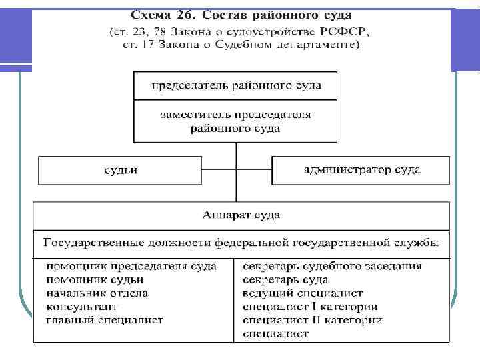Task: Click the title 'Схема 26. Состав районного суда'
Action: [241, 15]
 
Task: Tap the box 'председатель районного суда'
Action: [236, 85]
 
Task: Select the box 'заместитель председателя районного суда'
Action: [236, 121]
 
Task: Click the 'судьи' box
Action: [121, 170]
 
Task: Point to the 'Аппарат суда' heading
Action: [241, 215]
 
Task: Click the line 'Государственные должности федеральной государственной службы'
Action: [241, 242]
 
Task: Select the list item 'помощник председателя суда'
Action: [131, 266]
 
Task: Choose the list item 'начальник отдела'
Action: [97, 293]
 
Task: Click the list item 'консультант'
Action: [82, 307]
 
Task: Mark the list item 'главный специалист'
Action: [105, 320]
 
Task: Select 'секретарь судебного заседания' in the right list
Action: [332, 266]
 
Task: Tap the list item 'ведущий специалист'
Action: [303, 293]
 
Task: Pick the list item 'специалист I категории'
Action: [311, 307]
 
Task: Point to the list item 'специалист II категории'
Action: [313, 320]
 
